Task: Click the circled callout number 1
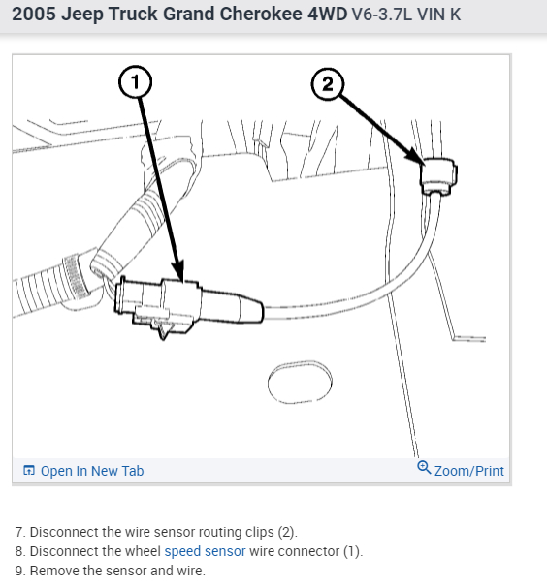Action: (x=135, y=82)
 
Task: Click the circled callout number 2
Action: (x=328, y=84)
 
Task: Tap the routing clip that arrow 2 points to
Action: (x=438, y=176)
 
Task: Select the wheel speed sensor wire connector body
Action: (x=188, y=306)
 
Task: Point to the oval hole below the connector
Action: (x=300, y=383)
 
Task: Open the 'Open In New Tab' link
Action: (x=92, y=471)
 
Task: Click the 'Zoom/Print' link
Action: (x=468, y=471)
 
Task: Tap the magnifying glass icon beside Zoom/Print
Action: (x=424, y=467)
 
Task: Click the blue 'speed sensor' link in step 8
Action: (x=205, y=551)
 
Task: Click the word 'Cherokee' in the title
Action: (x=261, y=15)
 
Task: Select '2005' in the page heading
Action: (x=34, y=15)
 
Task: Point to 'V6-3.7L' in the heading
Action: (x=382, y=15)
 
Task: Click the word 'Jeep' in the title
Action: (x=82, y=15)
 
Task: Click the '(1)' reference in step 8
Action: (x=353, y=551)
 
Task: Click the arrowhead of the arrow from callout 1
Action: (x=177, y=270)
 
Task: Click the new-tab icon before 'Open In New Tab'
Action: (x=29, y=470)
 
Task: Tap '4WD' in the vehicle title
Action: (x=327, y=15)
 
